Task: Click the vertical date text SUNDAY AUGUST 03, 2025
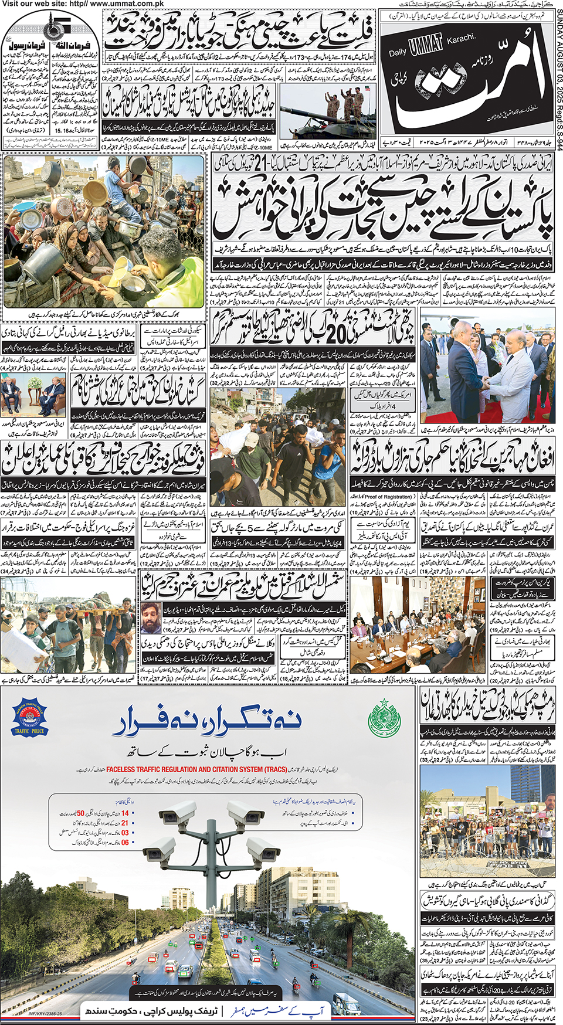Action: pos(558,70)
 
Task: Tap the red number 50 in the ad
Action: pos(80,813)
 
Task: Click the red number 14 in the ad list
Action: pos(125,813)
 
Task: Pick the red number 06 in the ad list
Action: pos(125,842)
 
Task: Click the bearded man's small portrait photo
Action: pos(151,618)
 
